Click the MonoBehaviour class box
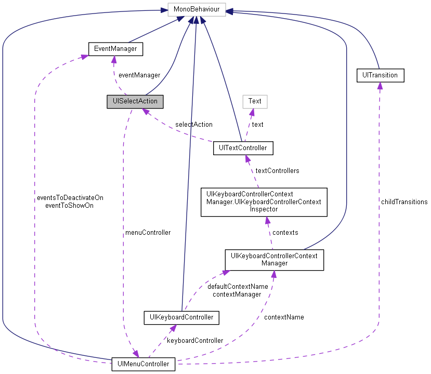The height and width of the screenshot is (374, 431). [195, 9]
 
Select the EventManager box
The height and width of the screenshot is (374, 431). [115, 49]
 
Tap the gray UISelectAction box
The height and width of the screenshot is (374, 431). [135, 101]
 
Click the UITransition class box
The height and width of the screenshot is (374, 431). [380, 75]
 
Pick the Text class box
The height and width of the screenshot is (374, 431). [255, 101]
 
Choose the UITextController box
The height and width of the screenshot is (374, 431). [243, 148]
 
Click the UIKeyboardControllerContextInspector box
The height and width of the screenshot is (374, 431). [264, 202]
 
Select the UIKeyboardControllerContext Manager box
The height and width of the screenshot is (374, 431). [274, 259]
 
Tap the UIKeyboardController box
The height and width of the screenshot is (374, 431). [181, 316]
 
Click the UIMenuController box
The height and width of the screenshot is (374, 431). [144, 364]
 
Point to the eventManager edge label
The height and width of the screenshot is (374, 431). [139, 75]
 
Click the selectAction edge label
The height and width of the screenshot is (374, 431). [193, 124]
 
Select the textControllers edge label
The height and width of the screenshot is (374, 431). [277, 170]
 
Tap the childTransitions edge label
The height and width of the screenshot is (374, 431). [404, 202]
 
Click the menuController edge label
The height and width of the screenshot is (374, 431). [148, 232]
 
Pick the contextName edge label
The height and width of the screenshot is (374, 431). [284, 317]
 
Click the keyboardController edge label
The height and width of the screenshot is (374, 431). [194, 340]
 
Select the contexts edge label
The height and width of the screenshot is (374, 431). [285, 232]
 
